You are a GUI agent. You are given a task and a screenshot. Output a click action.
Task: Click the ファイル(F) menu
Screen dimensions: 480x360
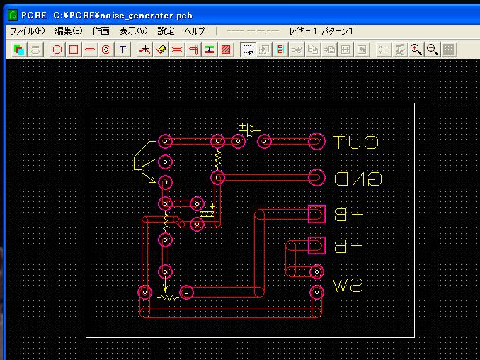[27, 31]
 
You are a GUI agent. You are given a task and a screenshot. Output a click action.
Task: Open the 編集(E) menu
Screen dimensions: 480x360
[69, 31]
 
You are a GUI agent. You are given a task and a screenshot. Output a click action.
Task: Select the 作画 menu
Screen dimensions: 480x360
[101, 31]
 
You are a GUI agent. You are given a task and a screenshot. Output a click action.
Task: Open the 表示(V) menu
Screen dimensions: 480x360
[133, 31]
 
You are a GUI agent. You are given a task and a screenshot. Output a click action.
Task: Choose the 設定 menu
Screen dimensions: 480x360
[166, 31]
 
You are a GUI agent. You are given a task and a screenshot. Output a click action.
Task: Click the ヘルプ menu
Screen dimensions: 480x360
[195, 31]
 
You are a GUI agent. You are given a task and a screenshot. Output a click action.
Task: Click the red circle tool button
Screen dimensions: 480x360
[57, 50]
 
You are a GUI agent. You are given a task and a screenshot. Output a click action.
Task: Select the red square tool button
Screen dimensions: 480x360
[74, 50]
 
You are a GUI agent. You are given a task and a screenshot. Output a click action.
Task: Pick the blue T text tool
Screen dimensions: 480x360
[122, 50]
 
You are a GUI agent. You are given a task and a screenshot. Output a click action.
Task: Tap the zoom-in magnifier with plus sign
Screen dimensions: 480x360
[416, 50]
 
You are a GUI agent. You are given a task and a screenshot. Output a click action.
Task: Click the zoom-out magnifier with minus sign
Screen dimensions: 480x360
[432, 50]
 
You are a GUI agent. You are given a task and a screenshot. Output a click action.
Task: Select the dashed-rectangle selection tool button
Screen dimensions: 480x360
[247, 50]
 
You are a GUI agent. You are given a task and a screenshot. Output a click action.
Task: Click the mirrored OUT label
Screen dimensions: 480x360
[355, 142]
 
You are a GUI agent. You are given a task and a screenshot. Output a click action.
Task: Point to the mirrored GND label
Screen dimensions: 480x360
[358, 179]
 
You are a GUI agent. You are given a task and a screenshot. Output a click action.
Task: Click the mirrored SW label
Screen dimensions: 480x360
[348, 286]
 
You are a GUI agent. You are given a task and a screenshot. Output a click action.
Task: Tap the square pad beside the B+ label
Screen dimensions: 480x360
[316, 214]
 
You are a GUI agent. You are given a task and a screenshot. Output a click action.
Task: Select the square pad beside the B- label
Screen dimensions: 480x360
[316, 245]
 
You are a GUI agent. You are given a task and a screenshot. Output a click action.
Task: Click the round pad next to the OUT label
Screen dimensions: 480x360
[316, 142]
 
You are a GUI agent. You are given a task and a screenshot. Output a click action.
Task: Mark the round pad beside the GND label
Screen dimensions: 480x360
[316, 178]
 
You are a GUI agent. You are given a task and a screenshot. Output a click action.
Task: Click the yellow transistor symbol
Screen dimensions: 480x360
[144, 162]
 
